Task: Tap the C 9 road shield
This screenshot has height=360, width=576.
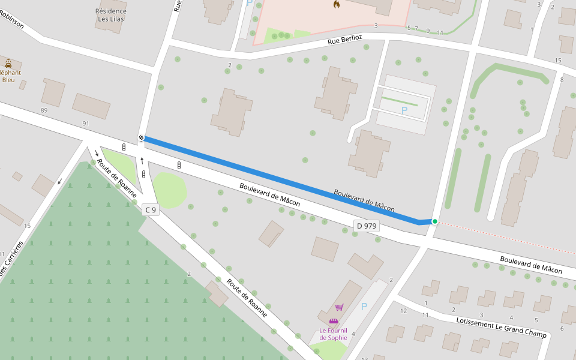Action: click(151, 210)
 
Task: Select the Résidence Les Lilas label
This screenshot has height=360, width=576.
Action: click(112, 15)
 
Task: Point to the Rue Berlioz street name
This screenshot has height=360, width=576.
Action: click(345, 40)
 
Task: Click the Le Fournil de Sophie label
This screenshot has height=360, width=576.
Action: click(333, 334)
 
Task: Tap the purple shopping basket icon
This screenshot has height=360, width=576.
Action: click(339, 307)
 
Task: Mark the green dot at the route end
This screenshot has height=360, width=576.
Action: click(435, 221)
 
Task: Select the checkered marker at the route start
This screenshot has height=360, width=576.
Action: click(142, 138)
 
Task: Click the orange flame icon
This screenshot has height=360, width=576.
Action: click(337, 4)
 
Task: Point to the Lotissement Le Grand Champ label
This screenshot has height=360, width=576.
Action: click(501, 328)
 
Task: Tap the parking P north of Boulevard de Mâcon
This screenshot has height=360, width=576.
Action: click(404, 110)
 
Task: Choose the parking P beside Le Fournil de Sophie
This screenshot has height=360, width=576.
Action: click(364, 306)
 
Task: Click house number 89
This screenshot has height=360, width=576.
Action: click(44, 110)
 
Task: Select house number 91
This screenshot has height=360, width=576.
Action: click(86, 124)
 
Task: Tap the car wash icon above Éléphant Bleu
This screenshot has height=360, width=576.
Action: click(8, 63)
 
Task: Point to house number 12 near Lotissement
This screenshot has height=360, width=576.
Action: click(403, 310)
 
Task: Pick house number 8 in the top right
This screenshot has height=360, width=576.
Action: click(562, 80)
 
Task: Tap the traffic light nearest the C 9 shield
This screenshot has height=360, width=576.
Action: click(144, 174)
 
